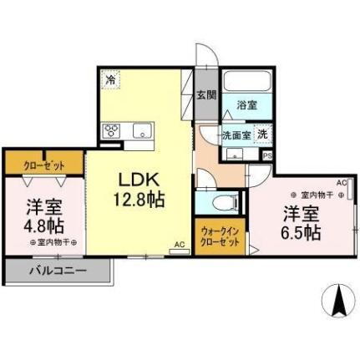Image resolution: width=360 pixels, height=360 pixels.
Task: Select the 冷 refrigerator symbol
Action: coord(110,80)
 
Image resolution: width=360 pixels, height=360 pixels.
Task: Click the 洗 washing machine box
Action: coord(262,134)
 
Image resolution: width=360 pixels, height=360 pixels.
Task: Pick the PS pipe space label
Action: coord(267,155)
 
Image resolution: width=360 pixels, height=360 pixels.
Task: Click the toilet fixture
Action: coord(224,201)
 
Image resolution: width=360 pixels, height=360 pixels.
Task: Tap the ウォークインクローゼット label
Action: coord(221,236)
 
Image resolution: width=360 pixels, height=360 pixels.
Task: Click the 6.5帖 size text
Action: coord(301,233)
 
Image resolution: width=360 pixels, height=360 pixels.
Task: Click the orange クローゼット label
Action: coord(43,165)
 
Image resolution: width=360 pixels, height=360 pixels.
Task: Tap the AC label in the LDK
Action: coord(178,245)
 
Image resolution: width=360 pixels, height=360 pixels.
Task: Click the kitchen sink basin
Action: coord(139,130)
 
